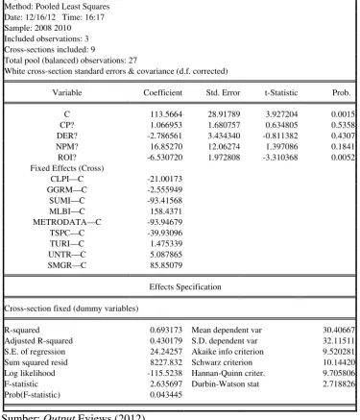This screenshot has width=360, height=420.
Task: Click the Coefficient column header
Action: (162, 92)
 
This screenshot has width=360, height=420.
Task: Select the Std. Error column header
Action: (223, 92)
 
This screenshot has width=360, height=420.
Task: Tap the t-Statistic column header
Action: (281, 92)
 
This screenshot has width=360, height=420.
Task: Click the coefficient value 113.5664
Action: (166, 114)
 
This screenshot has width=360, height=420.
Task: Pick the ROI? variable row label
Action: (67, 158)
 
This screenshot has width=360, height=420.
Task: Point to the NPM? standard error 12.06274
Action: (224, 146)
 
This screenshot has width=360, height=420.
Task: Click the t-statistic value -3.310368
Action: (280, 158)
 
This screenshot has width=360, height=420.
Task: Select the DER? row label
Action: (67, 136)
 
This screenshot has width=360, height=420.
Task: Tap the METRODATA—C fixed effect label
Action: (67, 222)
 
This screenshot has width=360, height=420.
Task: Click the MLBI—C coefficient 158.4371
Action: (166, 211)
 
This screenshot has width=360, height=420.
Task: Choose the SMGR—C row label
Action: (67, 265)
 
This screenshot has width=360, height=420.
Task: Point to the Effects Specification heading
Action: (185, 286)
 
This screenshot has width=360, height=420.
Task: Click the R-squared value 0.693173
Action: (166, 330)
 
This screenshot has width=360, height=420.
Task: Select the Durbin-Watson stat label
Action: (226, 383)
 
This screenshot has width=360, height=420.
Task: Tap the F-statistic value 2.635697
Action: (166, 383)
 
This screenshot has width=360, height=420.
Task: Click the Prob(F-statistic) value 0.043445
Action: (166, 395)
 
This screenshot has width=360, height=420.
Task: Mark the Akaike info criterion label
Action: (228, 352)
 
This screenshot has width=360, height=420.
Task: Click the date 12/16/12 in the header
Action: (40, 17)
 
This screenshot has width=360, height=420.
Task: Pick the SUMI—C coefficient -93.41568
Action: (164, 201)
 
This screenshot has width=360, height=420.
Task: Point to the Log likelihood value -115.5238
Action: (164, 373)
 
